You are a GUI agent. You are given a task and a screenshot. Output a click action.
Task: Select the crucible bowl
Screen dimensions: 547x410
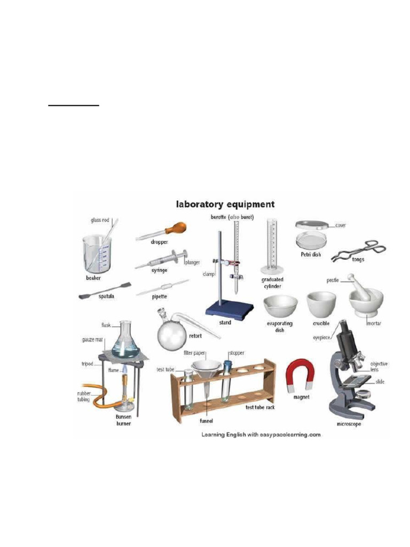pos(321,303)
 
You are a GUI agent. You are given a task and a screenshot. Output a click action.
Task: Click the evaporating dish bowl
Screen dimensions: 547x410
pos(281,307)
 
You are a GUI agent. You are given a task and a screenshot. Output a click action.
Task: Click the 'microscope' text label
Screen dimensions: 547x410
pos(349,424)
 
